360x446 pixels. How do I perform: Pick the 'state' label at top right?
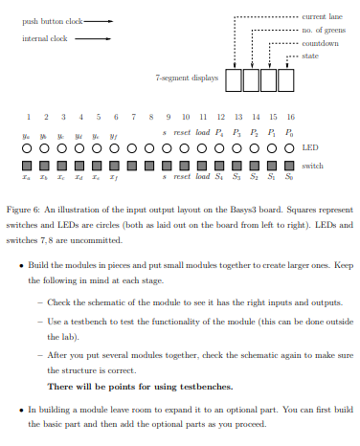(310, 57)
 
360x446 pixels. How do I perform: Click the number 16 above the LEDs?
(290, 116)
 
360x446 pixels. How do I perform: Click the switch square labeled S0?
(290, 165)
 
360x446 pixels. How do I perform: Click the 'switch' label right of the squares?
(312, 165)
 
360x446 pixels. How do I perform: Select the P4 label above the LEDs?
(221, 133)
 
